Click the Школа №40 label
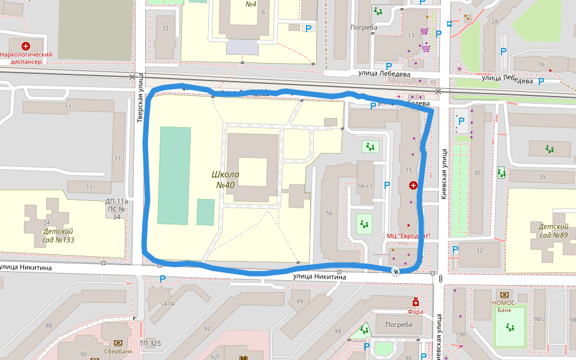point(226,179)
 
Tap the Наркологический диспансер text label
point(26,58)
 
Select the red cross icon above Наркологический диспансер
point(26,46)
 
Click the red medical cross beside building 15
point(413,186)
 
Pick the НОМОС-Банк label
point(505,302)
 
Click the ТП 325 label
point(150,343)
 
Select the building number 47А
point(169,304)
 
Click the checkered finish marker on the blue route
point(396,272)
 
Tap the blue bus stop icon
point(449,24)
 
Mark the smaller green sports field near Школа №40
point(206,212)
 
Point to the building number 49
point(299,301)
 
